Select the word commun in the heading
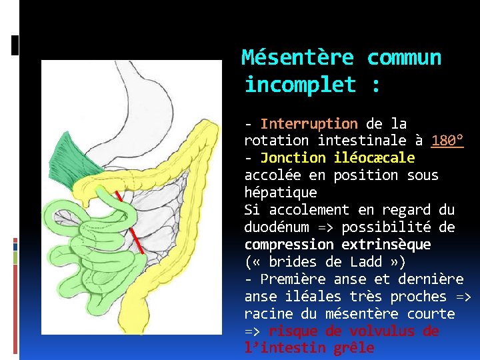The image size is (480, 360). [404, 58]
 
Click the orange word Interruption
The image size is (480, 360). [309, 123]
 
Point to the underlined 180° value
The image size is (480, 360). [447, 141]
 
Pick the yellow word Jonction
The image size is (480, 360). [293, 158]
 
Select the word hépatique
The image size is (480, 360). [281, 193]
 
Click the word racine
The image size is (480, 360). [268, 313]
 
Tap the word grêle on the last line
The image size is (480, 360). [354, 348]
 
